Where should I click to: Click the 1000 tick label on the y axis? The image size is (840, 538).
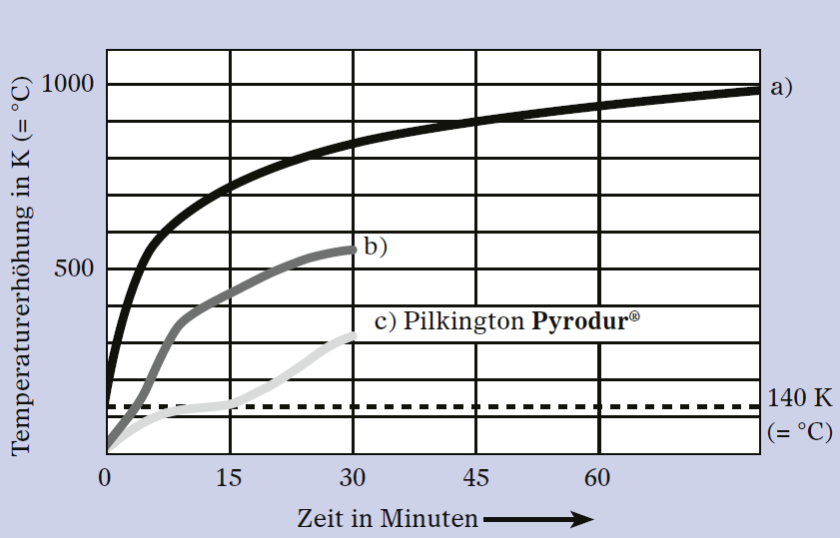point(68,84)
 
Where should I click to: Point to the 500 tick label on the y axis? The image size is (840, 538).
point(74,269)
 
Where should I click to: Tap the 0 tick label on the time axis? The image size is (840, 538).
point(105,477)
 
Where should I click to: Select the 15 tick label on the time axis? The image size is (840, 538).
point(229,477)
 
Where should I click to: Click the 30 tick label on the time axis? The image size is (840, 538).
point(353,477)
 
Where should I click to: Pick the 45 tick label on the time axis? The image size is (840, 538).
point(475,477)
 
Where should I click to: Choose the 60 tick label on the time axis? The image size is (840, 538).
point(597,477)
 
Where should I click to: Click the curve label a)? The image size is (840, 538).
point(781,87)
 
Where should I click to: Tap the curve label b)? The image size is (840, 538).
point(376,247)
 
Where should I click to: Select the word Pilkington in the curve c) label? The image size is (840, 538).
point(463,321)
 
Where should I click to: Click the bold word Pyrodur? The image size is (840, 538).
point(579,321)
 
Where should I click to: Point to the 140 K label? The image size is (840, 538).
point(800,398)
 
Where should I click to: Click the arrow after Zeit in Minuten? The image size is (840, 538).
point(537,519)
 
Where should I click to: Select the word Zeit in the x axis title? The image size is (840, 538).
point(321,519)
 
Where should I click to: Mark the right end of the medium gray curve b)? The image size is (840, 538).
point(353,250)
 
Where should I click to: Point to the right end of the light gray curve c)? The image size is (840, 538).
point(353,336)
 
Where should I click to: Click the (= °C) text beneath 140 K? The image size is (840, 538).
point(800,431)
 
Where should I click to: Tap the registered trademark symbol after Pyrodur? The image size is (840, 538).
point(634,316)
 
